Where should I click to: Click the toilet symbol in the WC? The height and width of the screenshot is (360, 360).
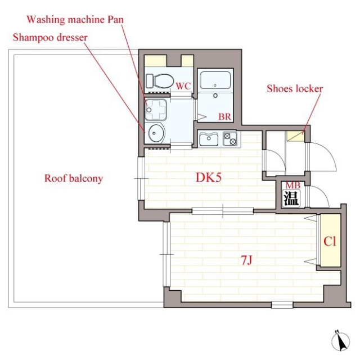(x=160, y=81)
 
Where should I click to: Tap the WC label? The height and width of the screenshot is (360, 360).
(x=183, y=86)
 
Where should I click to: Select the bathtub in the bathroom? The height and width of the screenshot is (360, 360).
(x=215, y=80)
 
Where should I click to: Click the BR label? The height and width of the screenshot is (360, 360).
(x=224, y=117)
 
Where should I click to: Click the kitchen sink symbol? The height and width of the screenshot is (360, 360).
(x=209, y=138)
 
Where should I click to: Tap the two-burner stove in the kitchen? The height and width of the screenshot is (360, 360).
(x=230, y=139)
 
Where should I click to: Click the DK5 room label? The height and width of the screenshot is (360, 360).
(x=209, y=178)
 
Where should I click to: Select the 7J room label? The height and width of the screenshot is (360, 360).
(x=246, y=260)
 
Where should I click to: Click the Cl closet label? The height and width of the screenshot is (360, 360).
(x=330, y=241)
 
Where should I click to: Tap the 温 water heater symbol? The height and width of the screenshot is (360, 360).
(x=291, y=198)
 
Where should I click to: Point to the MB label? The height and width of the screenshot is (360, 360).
(x=292, y=185)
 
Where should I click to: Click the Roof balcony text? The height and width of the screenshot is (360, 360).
(x=74, y=178)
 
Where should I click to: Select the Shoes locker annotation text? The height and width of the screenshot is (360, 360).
(x=295, y=89)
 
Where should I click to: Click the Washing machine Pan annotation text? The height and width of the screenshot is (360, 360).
(x=75, y=20)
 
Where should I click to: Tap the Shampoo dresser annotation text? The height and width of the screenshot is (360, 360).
(x=50, y=38)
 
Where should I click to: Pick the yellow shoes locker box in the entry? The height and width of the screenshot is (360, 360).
(x=295, y=136)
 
